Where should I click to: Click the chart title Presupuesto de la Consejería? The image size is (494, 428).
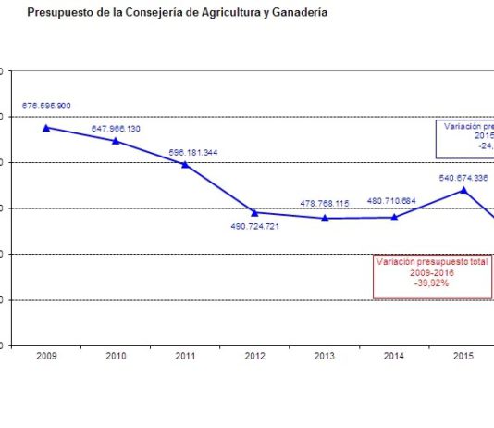pyautogui.click(x=177, y=13)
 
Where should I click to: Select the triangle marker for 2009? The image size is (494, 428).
pyautogui.click(x=46, y=127)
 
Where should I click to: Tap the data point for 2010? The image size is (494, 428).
pyautogui.click(x=116, y=141)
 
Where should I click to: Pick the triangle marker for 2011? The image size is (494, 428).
pyautogui.click(x=185, y=164)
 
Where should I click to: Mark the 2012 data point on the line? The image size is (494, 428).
pyautogui.click(x=254, y=212)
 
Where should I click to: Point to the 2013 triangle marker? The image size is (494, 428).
pyautogui.click(x=325, y=218)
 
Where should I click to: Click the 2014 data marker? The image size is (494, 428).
pyautogui.click(x=394, y=217)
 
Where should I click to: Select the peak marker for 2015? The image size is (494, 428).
pyautogui.click(x=463, y=190)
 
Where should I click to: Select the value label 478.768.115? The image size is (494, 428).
pyautogui.click(x=323, y=203)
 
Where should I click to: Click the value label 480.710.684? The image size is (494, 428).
pyautogui.click(x=392, y=200)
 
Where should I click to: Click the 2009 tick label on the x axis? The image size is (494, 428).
pyautogui.click(x=46, y=357)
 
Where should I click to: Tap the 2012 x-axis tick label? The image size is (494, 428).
pyautogui.click(x=254, y=357)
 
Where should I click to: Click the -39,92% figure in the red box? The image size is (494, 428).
pyautogui.click(x=430, y=283)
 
